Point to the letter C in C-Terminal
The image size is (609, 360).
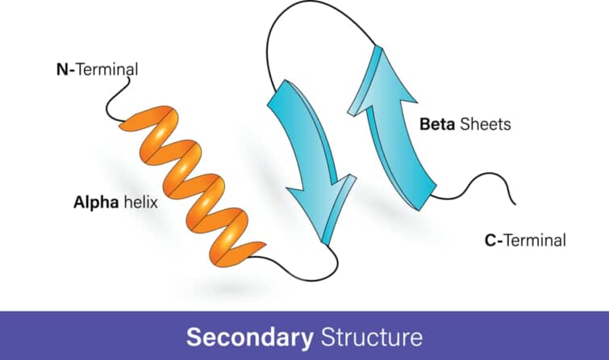pos(489,240)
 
